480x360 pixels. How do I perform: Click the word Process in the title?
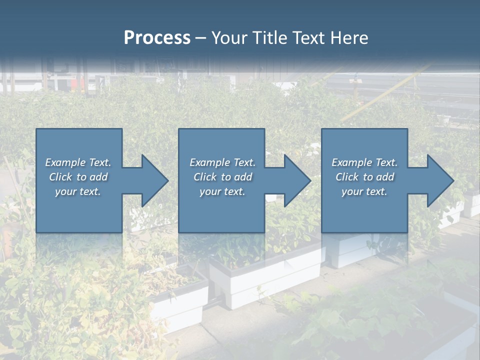tap(157, 38)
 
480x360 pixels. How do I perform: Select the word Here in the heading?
tap(349, 38)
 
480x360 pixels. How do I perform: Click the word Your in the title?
tap(229, 38)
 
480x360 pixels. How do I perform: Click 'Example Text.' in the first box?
tap(78, 162)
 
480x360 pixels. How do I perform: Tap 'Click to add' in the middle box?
tap(222, 177)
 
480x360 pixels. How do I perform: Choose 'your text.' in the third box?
tap(364, 191)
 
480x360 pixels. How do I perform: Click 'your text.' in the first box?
tap(78, 191)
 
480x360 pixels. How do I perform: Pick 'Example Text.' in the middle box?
tap(222, 162)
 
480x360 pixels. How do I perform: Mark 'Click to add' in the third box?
tap(364, 177)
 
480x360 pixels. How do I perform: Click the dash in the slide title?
tap(200, 38)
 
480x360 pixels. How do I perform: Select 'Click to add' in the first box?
tap(78, 177)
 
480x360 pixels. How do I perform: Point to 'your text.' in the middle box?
tap(222, 191)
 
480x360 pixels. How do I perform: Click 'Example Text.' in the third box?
tap(364, 162)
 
